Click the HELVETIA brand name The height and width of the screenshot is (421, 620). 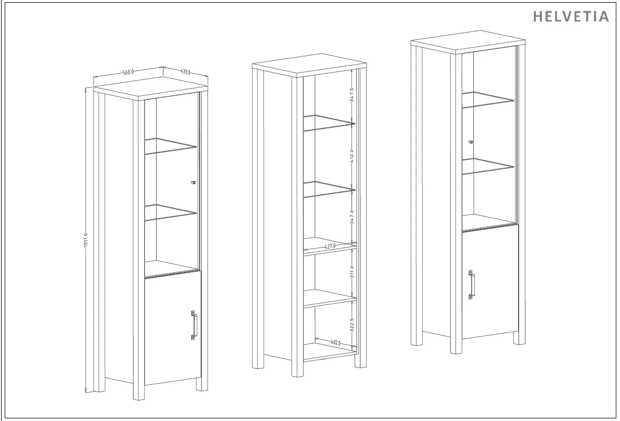(x=571, y=16)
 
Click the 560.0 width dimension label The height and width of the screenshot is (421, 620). (x=128, y=72)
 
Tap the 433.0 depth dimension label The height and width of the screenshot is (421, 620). (x=185, y=71)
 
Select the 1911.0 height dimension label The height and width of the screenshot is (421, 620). (x=86, y=241)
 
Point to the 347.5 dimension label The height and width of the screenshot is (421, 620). (x=352, y=95)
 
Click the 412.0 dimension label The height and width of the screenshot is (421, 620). (x=352, y=156)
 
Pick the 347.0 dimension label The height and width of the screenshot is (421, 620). (x=352, y=217)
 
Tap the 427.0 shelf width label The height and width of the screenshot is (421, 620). (x=330, y=246)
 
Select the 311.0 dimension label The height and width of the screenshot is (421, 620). (x=352, y=272)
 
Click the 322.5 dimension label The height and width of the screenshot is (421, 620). (x=352, y=325)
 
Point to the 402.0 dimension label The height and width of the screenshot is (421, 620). (x=336, y=342)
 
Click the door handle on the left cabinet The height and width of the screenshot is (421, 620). (x=194, y=325)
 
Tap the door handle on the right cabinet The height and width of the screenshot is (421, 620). (x=472, y=285)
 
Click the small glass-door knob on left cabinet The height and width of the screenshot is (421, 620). (x=193, y=182)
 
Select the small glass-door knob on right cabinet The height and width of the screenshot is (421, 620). (x=471, y=141)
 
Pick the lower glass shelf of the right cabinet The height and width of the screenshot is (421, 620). (x=488, y=166)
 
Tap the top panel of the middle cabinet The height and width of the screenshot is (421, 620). (x=309, y=65)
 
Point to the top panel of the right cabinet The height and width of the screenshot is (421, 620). (x=468, y=42)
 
